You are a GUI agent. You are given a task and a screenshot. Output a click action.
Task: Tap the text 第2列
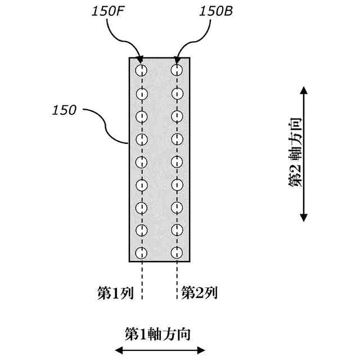199,293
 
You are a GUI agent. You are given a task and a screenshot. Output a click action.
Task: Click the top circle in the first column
141,70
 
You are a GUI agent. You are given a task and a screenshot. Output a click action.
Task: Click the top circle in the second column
177,70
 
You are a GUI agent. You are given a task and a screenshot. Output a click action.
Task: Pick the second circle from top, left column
141,93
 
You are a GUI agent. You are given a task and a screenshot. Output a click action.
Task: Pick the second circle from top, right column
177,93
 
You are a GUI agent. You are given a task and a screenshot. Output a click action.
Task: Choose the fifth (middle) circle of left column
141,161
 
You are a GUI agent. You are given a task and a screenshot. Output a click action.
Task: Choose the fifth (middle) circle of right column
177,161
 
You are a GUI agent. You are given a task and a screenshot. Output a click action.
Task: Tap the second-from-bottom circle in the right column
177,230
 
